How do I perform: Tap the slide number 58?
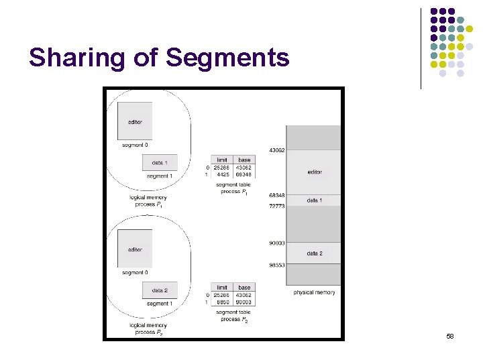pos(449,335)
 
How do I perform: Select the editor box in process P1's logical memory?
pos(134,121)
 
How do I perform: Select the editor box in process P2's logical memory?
pos(134,249)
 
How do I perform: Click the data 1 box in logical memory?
pos(159,163)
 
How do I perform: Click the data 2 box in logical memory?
pos(159,290)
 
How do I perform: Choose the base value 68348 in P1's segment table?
pos(244,175)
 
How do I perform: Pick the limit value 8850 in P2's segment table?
pos(221,302)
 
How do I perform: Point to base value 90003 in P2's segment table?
pos(244,302)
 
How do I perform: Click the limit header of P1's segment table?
pos(221,160)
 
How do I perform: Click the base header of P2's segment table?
pos(244,288)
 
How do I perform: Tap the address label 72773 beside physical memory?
pos(276,206)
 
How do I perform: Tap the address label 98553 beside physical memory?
pos(276,265)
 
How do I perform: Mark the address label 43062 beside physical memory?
pos(276,150)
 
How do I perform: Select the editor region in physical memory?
pos(314,172)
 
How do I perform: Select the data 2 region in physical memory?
pos(314,253)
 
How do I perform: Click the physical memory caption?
pos(314,292)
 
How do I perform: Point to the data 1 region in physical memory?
pos(314,200)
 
